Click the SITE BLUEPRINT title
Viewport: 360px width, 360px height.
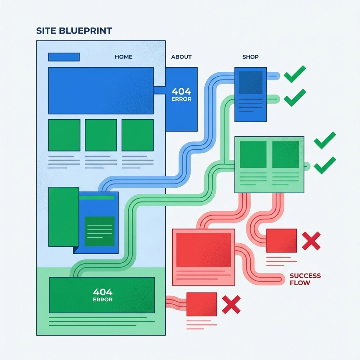[74, 31]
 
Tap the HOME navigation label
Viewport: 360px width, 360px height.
[124, 57]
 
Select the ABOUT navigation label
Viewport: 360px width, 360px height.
[181, 57]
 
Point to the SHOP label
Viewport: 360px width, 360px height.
[251, 57]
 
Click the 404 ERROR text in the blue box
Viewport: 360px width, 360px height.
[181, 94]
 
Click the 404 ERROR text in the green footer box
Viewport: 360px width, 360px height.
[103, 295]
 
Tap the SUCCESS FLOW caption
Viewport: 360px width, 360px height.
[305, 279]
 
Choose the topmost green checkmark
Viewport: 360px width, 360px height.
[295, 74]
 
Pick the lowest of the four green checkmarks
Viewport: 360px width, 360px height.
[324, 165]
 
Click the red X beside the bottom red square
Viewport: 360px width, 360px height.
[231, 304]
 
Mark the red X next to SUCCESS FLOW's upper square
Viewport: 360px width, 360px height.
[311, 241]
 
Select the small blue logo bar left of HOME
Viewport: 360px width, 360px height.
[64, 57]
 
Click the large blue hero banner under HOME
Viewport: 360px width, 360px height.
[101, 90]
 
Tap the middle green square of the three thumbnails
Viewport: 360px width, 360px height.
[101, 135]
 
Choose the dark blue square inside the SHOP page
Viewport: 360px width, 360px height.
[251, 83]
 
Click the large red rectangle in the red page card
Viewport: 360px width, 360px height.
[204, 250]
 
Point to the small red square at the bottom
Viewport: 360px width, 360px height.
[201, 304]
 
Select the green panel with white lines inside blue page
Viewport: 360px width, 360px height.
[99, 231]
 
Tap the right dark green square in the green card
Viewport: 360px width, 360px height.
[285, 154]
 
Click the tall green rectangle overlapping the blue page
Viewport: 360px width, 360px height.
[64, 217]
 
